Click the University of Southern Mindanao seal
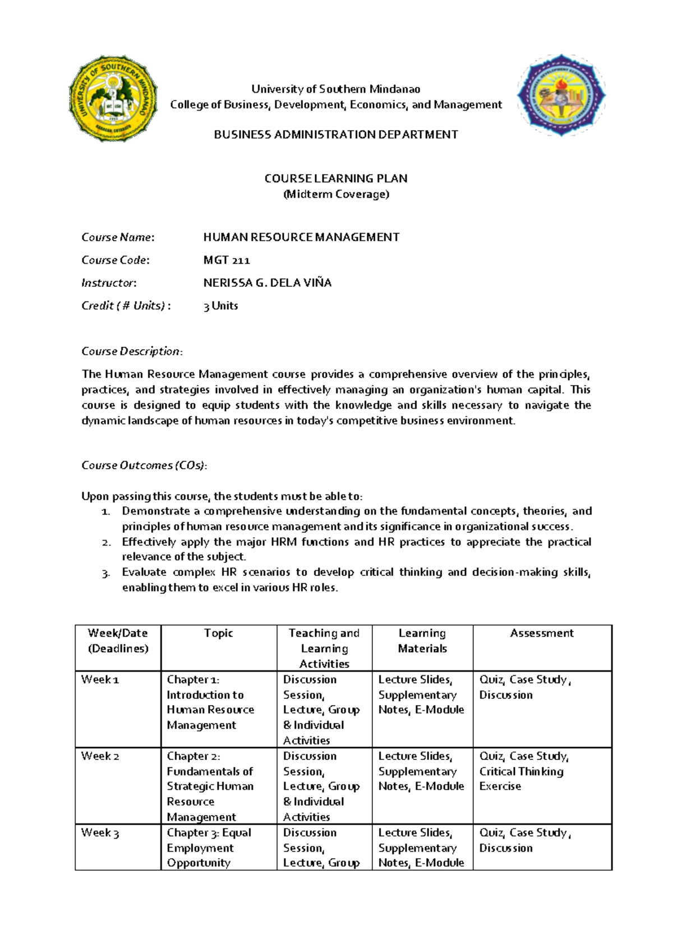click(x=113, y=99)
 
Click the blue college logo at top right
click(x=561, y=96)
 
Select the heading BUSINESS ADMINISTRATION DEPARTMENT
click(x=336, y=135)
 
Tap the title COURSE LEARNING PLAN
click(x=336, y=178)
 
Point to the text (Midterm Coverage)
click(x=336, y=194)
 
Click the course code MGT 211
click(x=227, y=260)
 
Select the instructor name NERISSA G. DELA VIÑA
click(x=267, y=283)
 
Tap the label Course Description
click(x=132, y=351)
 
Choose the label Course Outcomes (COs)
click(x=144, y=465)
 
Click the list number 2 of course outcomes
click(x=106, y=542)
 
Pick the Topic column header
click(x=218, y=633)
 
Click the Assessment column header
click(x=542, y=633)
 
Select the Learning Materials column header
click(x=422, y=640)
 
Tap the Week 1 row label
click(x=100, y=680)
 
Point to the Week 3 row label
click(x=100, y=833)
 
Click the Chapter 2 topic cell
click(x=210, y=786)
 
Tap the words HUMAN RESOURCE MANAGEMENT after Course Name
click(x=301, y=237)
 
